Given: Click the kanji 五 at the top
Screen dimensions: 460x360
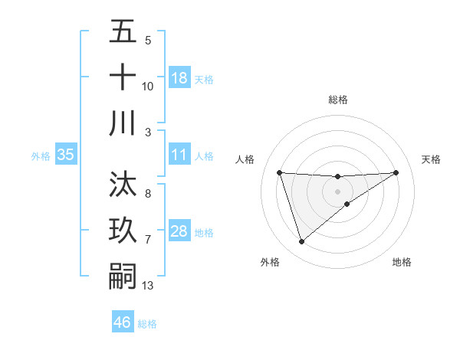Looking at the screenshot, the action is [x=123, y=32].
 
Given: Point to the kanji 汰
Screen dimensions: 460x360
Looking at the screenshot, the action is [x=123, y=185].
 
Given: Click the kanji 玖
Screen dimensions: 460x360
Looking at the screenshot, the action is [x=123, y=230].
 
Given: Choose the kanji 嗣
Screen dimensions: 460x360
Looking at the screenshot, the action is [x=123, y=275].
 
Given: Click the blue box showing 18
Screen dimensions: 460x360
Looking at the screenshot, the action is [x=179, y=78].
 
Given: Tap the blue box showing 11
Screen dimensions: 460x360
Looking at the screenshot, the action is [x=179, y=155].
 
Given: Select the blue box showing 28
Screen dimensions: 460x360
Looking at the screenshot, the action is [x=179, y=231].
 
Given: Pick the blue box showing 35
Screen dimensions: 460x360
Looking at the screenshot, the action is [x=66, y=155].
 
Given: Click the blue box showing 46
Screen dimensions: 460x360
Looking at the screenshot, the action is [x=123, y=322].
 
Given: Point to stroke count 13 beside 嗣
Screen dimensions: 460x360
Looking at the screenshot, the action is [x=148, y=286].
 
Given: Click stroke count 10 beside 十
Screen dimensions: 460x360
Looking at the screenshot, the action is [x=148, y=87].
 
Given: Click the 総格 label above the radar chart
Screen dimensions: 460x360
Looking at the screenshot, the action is [x=337, y=100].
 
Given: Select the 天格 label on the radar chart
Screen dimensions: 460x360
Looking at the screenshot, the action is [x=432, y=159].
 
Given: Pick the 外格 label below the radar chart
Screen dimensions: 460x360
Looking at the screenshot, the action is [x=270, y=262].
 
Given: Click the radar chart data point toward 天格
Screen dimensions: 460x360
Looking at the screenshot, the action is [x=396, y=172].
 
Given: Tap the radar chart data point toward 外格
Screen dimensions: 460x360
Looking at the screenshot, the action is [x=301, y=242].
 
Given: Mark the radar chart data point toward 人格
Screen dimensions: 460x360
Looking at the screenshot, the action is [x=280, y=172].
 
